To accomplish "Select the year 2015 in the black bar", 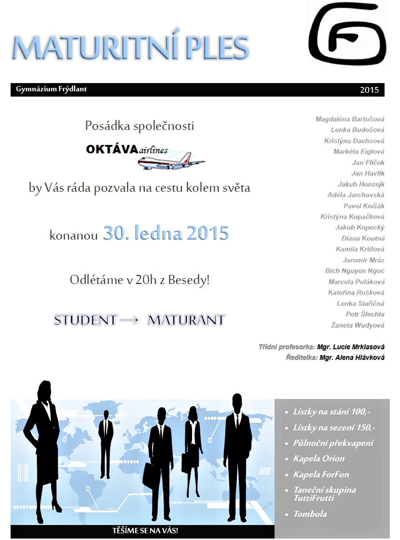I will pyautogui.click(x=369, y=90).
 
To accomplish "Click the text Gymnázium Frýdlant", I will pyautogui.click(x=52, y=89).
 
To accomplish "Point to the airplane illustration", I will pyautogui.click(x=171, y=160).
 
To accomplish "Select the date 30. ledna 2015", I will pyautogui.click(x=166, y=233).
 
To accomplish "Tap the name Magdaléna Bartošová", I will pyautogui.click(x=350, y=119).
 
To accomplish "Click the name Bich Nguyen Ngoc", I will pyautogui.click(x=355, y=271).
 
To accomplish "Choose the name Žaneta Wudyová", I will pyautogui.click(x=358, y=325).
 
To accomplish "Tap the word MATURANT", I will pyautogui.click(x=186, y=320).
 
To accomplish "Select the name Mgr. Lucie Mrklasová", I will pyautogui.click(x=351, y=347).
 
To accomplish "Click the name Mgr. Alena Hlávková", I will pyautogui.click(x=352, y=357).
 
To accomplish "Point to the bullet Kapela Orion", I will pyautogui.click(x=318, y=458).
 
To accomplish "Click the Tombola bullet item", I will pyautogui.click(x=310, y=514).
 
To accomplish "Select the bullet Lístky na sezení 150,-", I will pyautogui.click(x=334, y=427).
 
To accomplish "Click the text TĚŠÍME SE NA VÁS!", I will pyautogui.click(x=145, y=531).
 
